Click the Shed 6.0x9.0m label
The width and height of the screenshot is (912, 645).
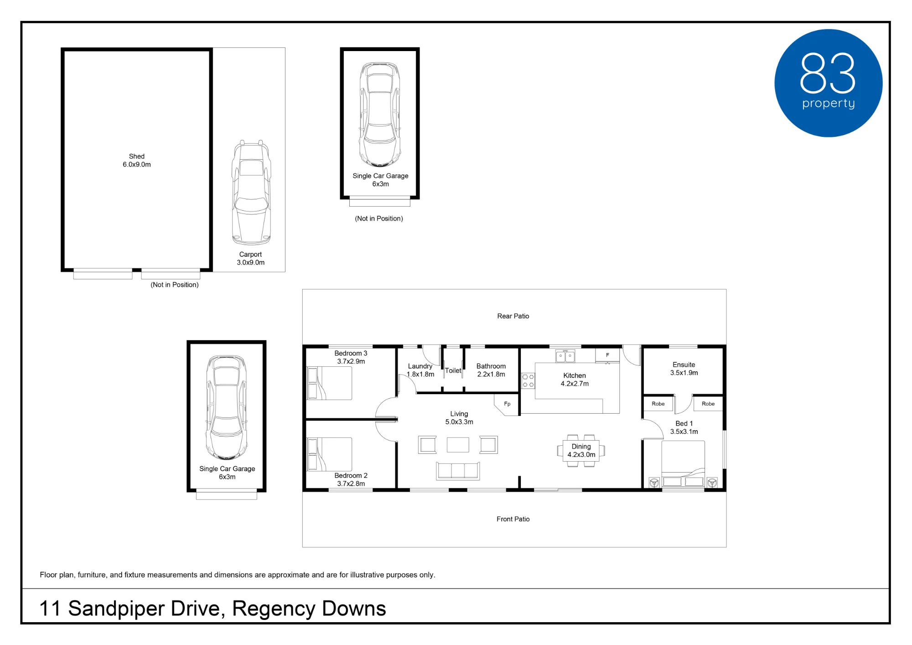coord(137,160)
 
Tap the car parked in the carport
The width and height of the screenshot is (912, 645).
coord(251,192)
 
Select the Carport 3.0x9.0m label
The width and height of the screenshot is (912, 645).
coord(250,258)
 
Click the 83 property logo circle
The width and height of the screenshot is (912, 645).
coord(828,83)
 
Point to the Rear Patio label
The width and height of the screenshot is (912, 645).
coord(513,316)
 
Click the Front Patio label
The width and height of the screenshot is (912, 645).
coord(513,519)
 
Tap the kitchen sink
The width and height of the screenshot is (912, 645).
coord(565,356)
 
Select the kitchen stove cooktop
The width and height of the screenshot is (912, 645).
coord(528,381)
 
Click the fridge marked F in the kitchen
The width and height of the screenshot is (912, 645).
coord(607,355)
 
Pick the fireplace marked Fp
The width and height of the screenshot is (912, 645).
coord(507,405)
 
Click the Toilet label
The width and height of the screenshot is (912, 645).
coord(453,370)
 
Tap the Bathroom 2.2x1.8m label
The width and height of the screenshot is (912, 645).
coord(491,370)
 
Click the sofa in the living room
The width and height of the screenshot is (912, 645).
coord(458,471)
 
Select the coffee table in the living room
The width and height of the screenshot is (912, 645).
coord(458,445)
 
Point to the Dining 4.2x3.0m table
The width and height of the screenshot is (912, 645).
coord(581,451)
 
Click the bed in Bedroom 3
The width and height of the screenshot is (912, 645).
coord(330,383)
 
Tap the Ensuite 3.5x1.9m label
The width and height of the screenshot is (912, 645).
coord(684,369)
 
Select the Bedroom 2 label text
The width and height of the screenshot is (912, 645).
coord(351,475)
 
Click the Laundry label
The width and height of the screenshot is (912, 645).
coord(420,366)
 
